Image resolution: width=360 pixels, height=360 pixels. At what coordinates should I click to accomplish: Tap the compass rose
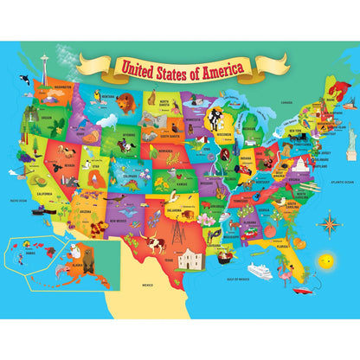point(328,222)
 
